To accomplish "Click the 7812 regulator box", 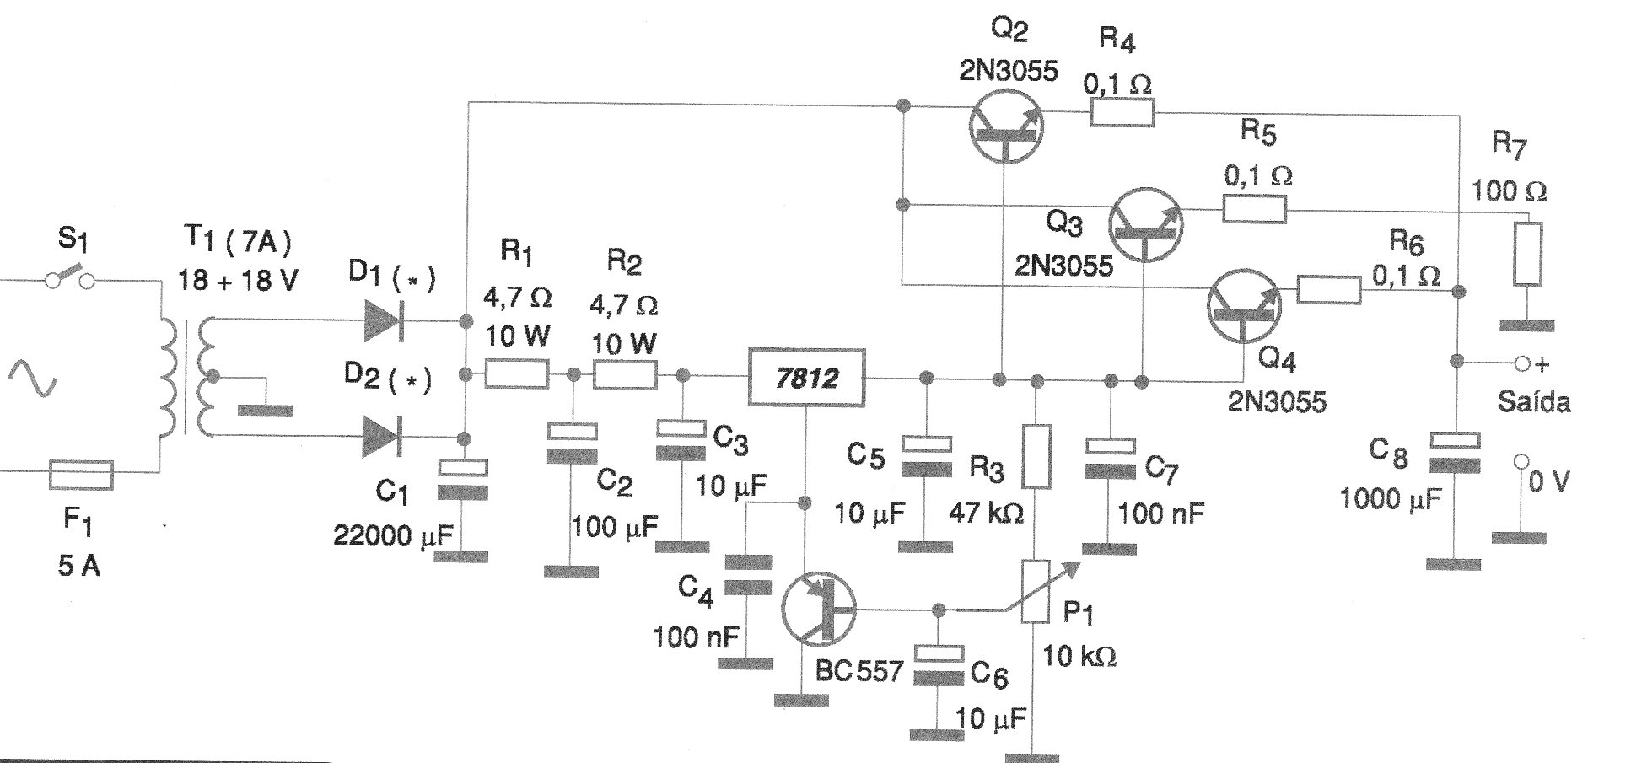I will (806, 377).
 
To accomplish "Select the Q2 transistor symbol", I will (1004, 125).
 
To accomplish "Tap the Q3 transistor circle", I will (1145, 223).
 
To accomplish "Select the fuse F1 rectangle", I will (81, 474).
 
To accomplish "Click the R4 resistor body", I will (1122, 112).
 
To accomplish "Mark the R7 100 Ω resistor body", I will (1527, 254).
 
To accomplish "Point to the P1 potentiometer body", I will (1036, 591).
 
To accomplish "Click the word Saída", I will (1533, 402).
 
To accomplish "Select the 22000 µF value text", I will (393, 535).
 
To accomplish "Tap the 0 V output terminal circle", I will (1521, 461).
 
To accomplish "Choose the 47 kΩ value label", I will (986, 512).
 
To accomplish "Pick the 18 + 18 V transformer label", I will (237, 279).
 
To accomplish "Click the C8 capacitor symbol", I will (1454, 454).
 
